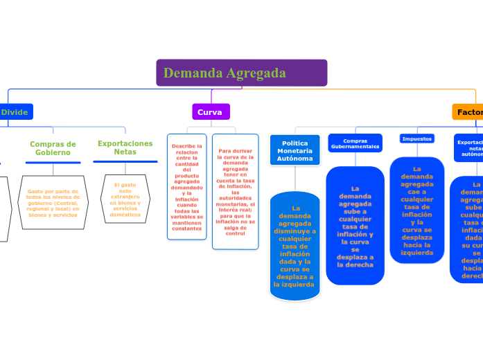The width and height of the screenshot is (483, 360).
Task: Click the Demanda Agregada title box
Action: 241,73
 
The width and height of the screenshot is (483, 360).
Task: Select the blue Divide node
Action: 15,111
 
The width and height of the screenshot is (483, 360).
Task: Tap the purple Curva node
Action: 210,111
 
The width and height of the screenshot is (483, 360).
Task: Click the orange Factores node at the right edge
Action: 468,112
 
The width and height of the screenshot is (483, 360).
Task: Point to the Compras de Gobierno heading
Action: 53,148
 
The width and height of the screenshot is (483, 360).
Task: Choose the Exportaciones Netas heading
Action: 125,147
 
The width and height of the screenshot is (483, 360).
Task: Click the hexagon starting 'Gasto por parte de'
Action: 53,201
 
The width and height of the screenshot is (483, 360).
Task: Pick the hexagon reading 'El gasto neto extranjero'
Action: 125,200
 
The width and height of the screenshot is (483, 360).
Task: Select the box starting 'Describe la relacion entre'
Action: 187,187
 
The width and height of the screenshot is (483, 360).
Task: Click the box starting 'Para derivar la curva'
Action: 236,191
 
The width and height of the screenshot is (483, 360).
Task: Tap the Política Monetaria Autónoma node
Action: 295,150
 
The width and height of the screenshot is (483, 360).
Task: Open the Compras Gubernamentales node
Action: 355,143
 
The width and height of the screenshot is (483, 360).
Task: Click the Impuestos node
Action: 416,138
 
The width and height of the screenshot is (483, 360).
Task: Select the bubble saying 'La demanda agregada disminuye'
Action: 295,246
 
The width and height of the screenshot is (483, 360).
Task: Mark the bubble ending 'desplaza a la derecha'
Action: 355,226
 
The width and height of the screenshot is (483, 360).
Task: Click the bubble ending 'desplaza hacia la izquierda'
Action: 417,210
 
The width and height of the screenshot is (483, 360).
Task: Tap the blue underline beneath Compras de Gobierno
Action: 53,163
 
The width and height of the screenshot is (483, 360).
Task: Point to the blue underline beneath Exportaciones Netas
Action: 125,161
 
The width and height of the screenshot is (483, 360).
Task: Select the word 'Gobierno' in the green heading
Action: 53,152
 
